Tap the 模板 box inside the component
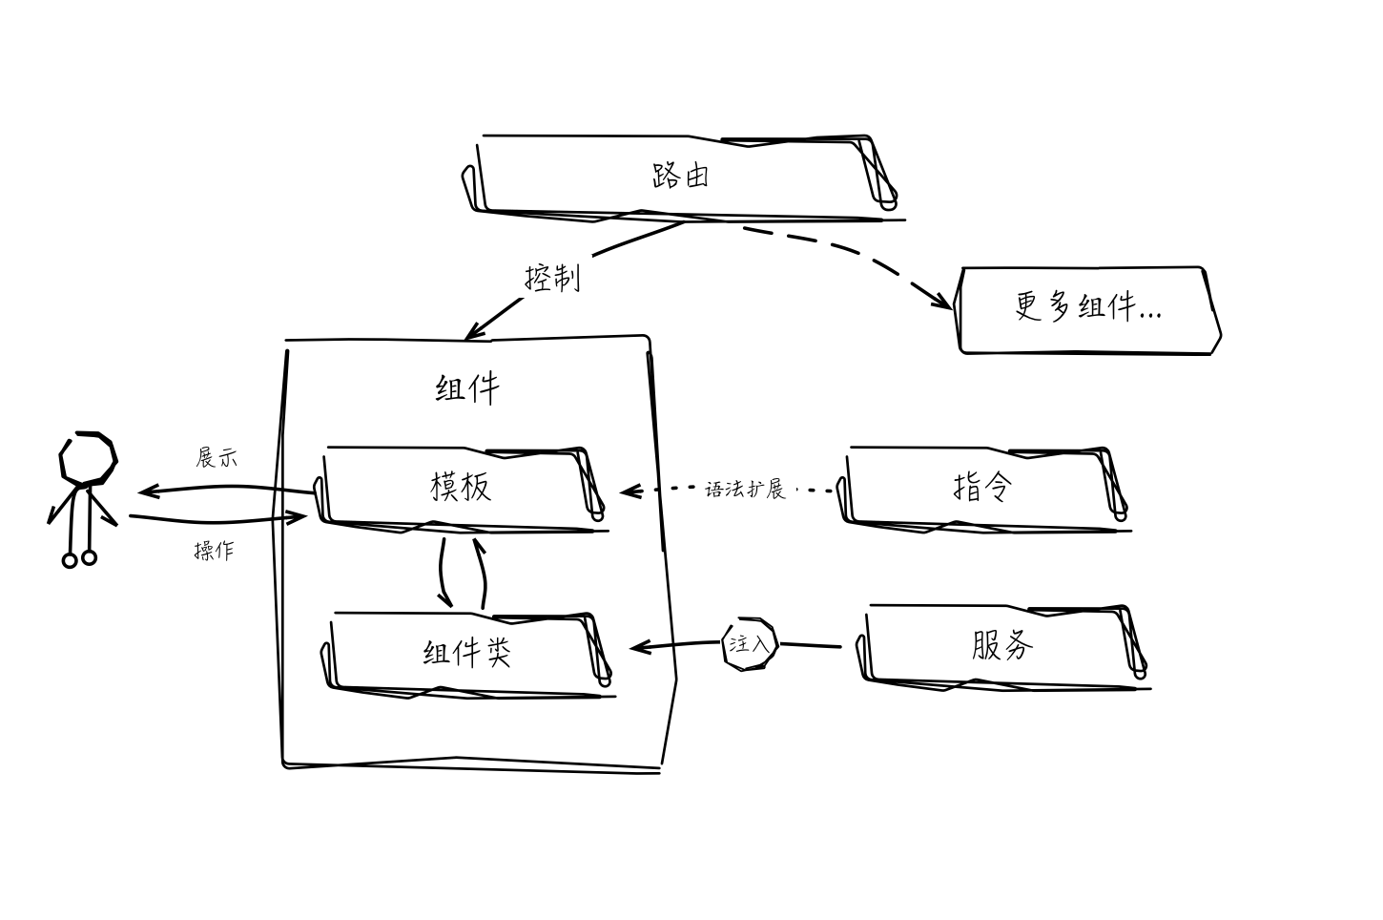pos(462,487)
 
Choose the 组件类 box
pos(467,653)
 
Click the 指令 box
pos(982,487)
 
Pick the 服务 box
pos(1001,646)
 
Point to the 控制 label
pos(552,278)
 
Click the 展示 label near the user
pos(217,457)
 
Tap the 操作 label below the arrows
pos(214,551)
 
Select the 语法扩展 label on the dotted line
pos(745,490)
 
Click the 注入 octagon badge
pos(750,644)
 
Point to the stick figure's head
pos(88,457)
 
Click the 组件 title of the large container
pos(467,388)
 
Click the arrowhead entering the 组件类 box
pos(636,648)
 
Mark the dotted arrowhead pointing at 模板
pos(626,491)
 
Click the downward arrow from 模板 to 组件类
pos(443,573)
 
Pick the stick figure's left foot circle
pos(70,560)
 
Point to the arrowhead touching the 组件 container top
pos(470,334)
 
